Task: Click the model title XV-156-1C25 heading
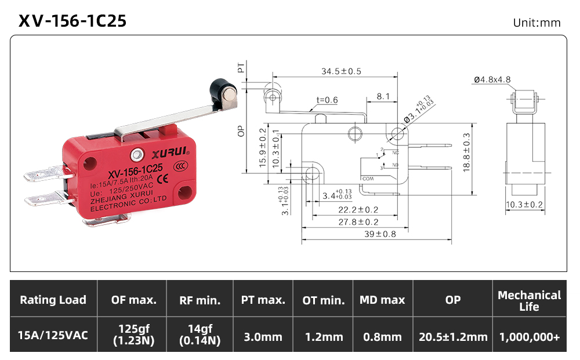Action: pyautogui.click(x=72, y=21)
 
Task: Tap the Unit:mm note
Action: pyautogui.click(x=536, y=23)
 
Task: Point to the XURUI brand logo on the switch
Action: pyautogui.click(x=170, y=152)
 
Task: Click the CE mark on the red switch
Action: pyautogui.click(x=163, y=179)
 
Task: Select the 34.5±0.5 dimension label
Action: pyautogui.click(x=341, y=71)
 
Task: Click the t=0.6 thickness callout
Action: pyautogui.click(x=327, y=100)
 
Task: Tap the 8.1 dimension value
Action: pyautogui.click(x=383, y=96)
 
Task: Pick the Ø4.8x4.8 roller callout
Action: pyautogui.click(x=492, y=79)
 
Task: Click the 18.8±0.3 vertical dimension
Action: pyautogui.click(x=466, y=152)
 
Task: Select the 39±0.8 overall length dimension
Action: pyautogui.click(x=380, y=234)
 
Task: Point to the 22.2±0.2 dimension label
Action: pyautogui.click(x=358, y=210)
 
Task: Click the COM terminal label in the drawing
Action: pyautogui.click(x=368, y=179)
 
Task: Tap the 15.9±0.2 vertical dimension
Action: pyautogui.click(x=263, y=148)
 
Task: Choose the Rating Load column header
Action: pyautogui.click(x=53, y=300)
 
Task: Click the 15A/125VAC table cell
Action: pyautogui.click(x=53, y=335)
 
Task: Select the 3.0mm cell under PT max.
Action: pyautogui.click(x=263, y=337)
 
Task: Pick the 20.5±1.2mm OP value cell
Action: pyautogui.click(x=453, y=337)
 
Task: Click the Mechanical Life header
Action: pyautogui.click(x=530, y=301)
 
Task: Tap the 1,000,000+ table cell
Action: pyautogui.click(x=530, y=337)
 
